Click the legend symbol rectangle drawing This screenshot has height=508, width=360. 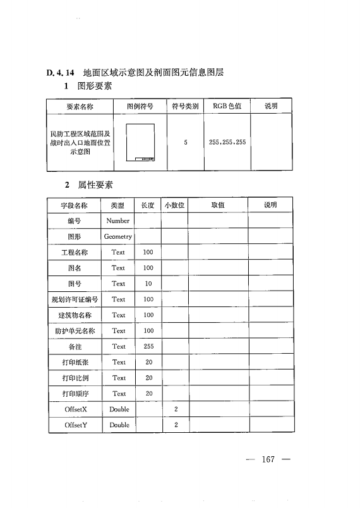coord(140,143)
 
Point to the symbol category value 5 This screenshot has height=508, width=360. coord(186,143)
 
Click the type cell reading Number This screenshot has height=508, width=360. coord(118,221)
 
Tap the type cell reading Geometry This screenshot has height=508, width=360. coord(118,237)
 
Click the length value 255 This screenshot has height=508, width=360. coord(148,346)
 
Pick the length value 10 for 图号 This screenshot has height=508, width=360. coord(148,284)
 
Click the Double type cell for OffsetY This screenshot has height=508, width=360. coord(119,425)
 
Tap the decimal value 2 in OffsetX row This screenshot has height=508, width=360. coord(176,409)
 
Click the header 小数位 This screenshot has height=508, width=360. coord(174,205)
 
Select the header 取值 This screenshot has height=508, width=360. coord(217,205)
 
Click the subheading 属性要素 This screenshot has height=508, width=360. coord(95,185)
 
